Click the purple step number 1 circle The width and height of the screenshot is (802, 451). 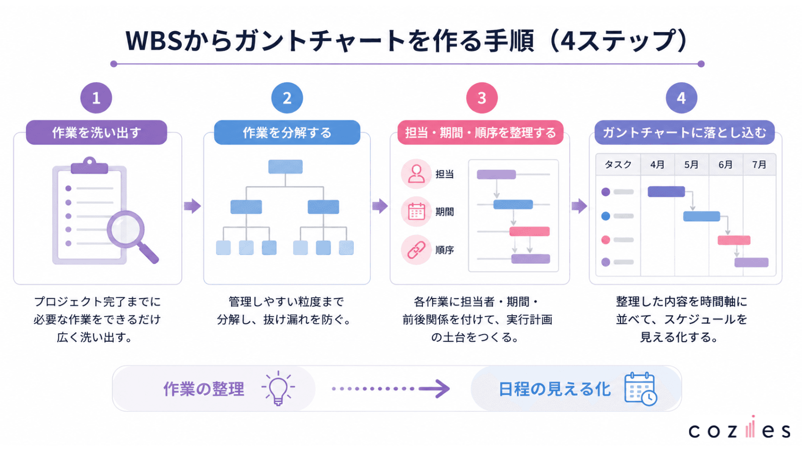pyautogui.click(x=96, y=98)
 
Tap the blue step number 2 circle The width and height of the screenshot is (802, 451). pyautogui.click(x=287, y=98)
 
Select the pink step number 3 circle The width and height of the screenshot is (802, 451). pyautogui.click(x=482, y=98)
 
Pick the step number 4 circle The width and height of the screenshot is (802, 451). pyautogui.click(x=681, y=98)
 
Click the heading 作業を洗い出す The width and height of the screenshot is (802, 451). pyautogui.click(x=97, y=132)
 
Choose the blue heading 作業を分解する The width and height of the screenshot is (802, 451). pyautogui.click(x=287, y=132)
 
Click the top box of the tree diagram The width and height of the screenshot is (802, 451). pyautogui.click(x=285, y=166)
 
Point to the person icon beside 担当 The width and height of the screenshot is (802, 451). pyautogui.click(x=416, y=174)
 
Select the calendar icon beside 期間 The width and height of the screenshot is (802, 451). pyautogui.click(x=416, y=211)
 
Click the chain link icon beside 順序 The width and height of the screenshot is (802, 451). pyautogui.click(x=416, y=250)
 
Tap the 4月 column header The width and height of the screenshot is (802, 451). pyautogui.click(x=657, y=165)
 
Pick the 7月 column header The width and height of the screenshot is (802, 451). pyautogui.click(x=759, y=165)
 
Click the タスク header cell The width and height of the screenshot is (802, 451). pyautogui.click(x=618, y=165)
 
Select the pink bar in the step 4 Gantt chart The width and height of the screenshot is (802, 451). pyautogui.click(x=734, y=240)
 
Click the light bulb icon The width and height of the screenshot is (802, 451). pyautogui.click(x=278, y=388)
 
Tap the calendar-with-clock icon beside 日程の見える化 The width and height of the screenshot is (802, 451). pyautogui.click(x=641, y=389)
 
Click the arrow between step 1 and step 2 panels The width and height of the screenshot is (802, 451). pyautogui.click(x=192, y=206)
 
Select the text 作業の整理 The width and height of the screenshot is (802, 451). pyautogui.click(x=204, y=389)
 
